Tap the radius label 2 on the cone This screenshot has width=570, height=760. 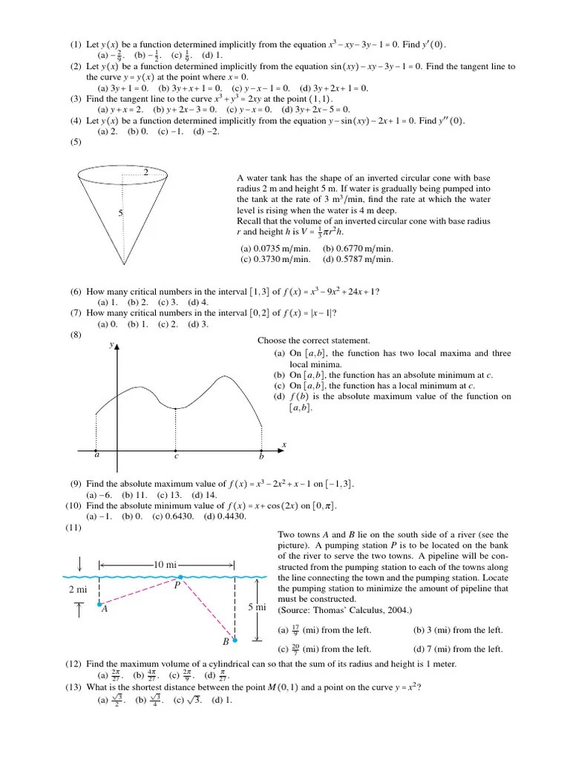point(146,172)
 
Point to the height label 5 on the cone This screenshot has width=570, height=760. point(119,214)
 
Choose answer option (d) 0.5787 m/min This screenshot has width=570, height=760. point(358,259)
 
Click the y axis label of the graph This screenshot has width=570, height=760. point(111,345)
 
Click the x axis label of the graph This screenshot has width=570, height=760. point(284,443)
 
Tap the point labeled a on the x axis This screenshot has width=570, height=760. point(96,451)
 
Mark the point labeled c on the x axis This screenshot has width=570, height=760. point(175,451)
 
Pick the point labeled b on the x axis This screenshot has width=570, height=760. point(261,451)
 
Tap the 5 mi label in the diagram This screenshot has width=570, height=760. point(258,608)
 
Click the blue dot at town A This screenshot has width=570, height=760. point(99,604)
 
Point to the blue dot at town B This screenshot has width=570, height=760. point(235,639)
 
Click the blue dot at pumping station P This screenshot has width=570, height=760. point(180,577)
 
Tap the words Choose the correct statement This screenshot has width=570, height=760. point(313,341)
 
